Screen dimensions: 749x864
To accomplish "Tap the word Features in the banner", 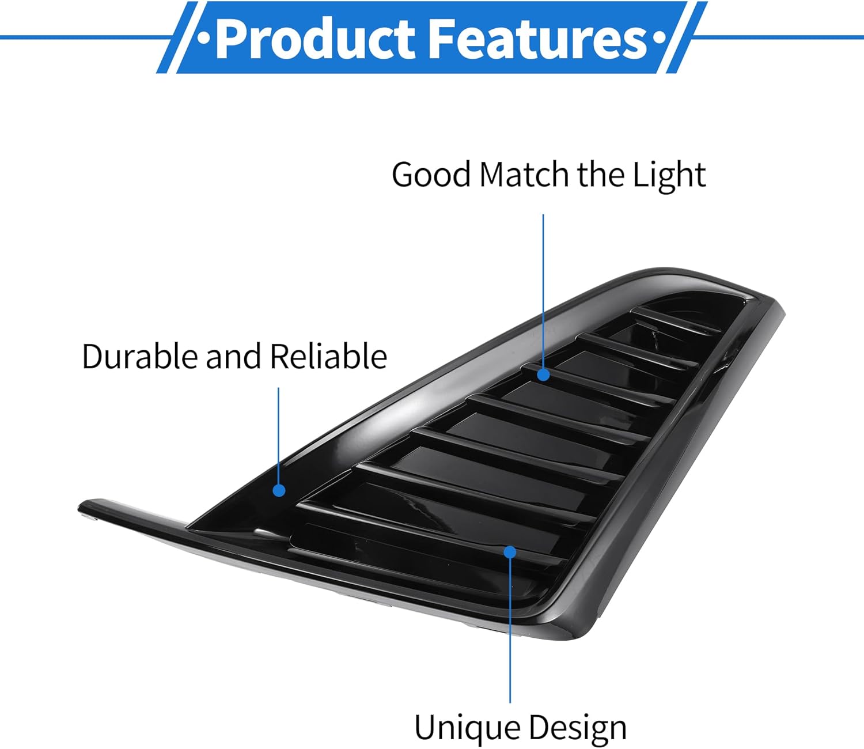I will pos(539,39).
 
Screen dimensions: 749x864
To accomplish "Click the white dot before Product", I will pos(203,39).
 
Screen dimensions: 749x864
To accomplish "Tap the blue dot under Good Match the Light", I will pos(543,375).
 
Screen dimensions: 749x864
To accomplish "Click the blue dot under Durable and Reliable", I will pos(279,490).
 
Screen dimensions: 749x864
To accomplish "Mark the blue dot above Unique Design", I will pos(510,552).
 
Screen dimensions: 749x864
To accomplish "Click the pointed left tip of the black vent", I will pos(84,508).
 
